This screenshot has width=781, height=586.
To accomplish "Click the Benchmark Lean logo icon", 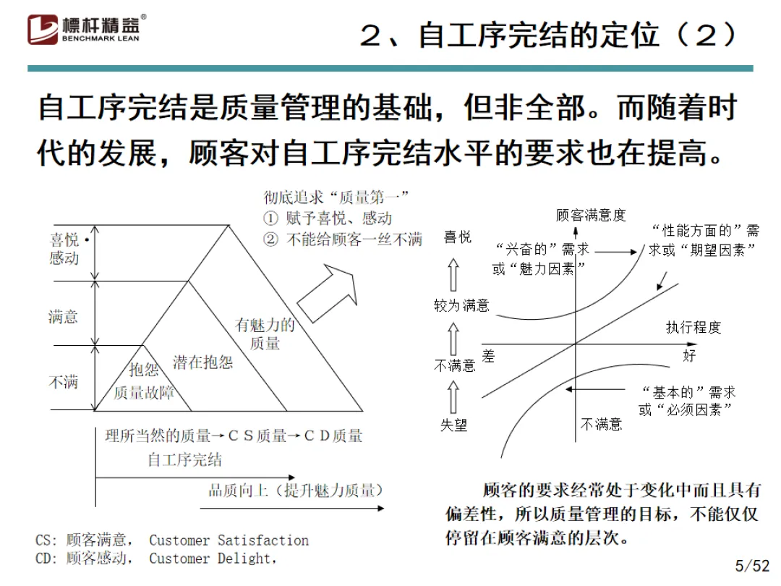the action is pyautogui.click(x=43, y=29).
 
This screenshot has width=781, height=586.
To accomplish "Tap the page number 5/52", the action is pyautogui.click(x=752, y=565).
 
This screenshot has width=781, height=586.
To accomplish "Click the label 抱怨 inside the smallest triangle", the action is pyautogui.click(x=144, y=370).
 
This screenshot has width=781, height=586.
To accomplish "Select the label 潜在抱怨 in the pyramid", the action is pyautogui.click(x=203, y=362).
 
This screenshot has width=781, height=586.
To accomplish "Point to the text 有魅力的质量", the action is pyautogui.click(x=265, y=334).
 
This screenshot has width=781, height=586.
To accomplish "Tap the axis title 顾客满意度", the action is pyautogui.click(x=591, y=215).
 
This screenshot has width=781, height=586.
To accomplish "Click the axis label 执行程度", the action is pyautogui.click(x=693, y=328).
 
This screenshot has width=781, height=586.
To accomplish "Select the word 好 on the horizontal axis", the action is pyautogui.click(x=689, y=355).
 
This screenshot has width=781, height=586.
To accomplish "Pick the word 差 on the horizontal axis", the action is pyautogui.click(x=489, y=355).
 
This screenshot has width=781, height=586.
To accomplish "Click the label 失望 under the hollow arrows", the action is pyautogui.click(x=454, y=425).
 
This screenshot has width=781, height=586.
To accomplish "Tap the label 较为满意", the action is pyautogui.click(x=461, y=305).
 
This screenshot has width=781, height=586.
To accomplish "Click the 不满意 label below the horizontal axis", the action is pyautogui.click(x=601, y=425).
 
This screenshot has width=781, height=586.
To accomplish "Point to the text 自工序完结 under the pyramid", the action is pyautogui.click(x=184, y=459).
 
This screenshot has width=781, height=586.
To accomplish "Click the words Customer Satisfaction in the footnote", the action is pyautogui.click(x=229, y=540).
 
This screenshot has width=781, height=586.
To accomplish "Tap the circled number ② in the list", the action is pyautogui.click(x=270, y=239).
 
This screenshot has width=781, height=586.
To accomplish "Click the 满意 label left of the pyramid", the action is pyautogui.click(x=63, y=316).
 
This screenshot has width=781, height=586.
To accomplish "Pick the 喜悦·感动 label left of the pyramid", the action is pyautogui.click(x=67, y=248).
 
